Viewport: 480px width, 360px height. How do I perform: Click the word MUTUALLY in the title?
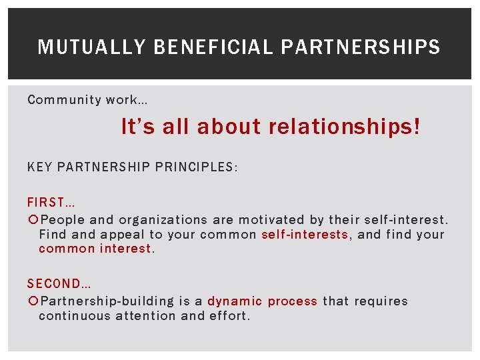91,47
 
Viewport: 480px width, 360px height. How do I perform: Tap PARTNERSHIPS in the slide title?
361,47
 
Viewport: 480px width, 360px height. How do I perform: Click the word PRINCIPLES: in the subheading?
196,167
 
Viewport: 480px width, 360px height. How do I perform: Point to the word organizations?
163,220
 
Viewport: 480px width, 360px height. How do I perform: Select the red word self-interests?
305,235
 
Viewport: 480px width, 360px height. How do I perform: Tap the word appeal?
123,235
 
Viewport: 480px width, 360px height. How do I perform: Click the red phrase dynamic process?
262,301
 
